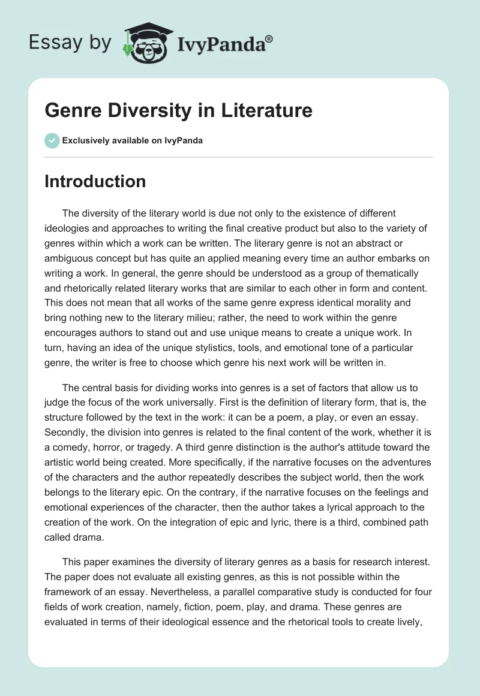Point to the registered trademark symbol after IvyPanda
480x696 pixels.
pyautogui.click(x=269, y=38)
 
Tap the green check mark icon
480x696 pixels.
pyautogui.click(x=52, y=140)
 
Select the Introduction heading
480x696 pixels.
pyautogui.click(x=95, y=181)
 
